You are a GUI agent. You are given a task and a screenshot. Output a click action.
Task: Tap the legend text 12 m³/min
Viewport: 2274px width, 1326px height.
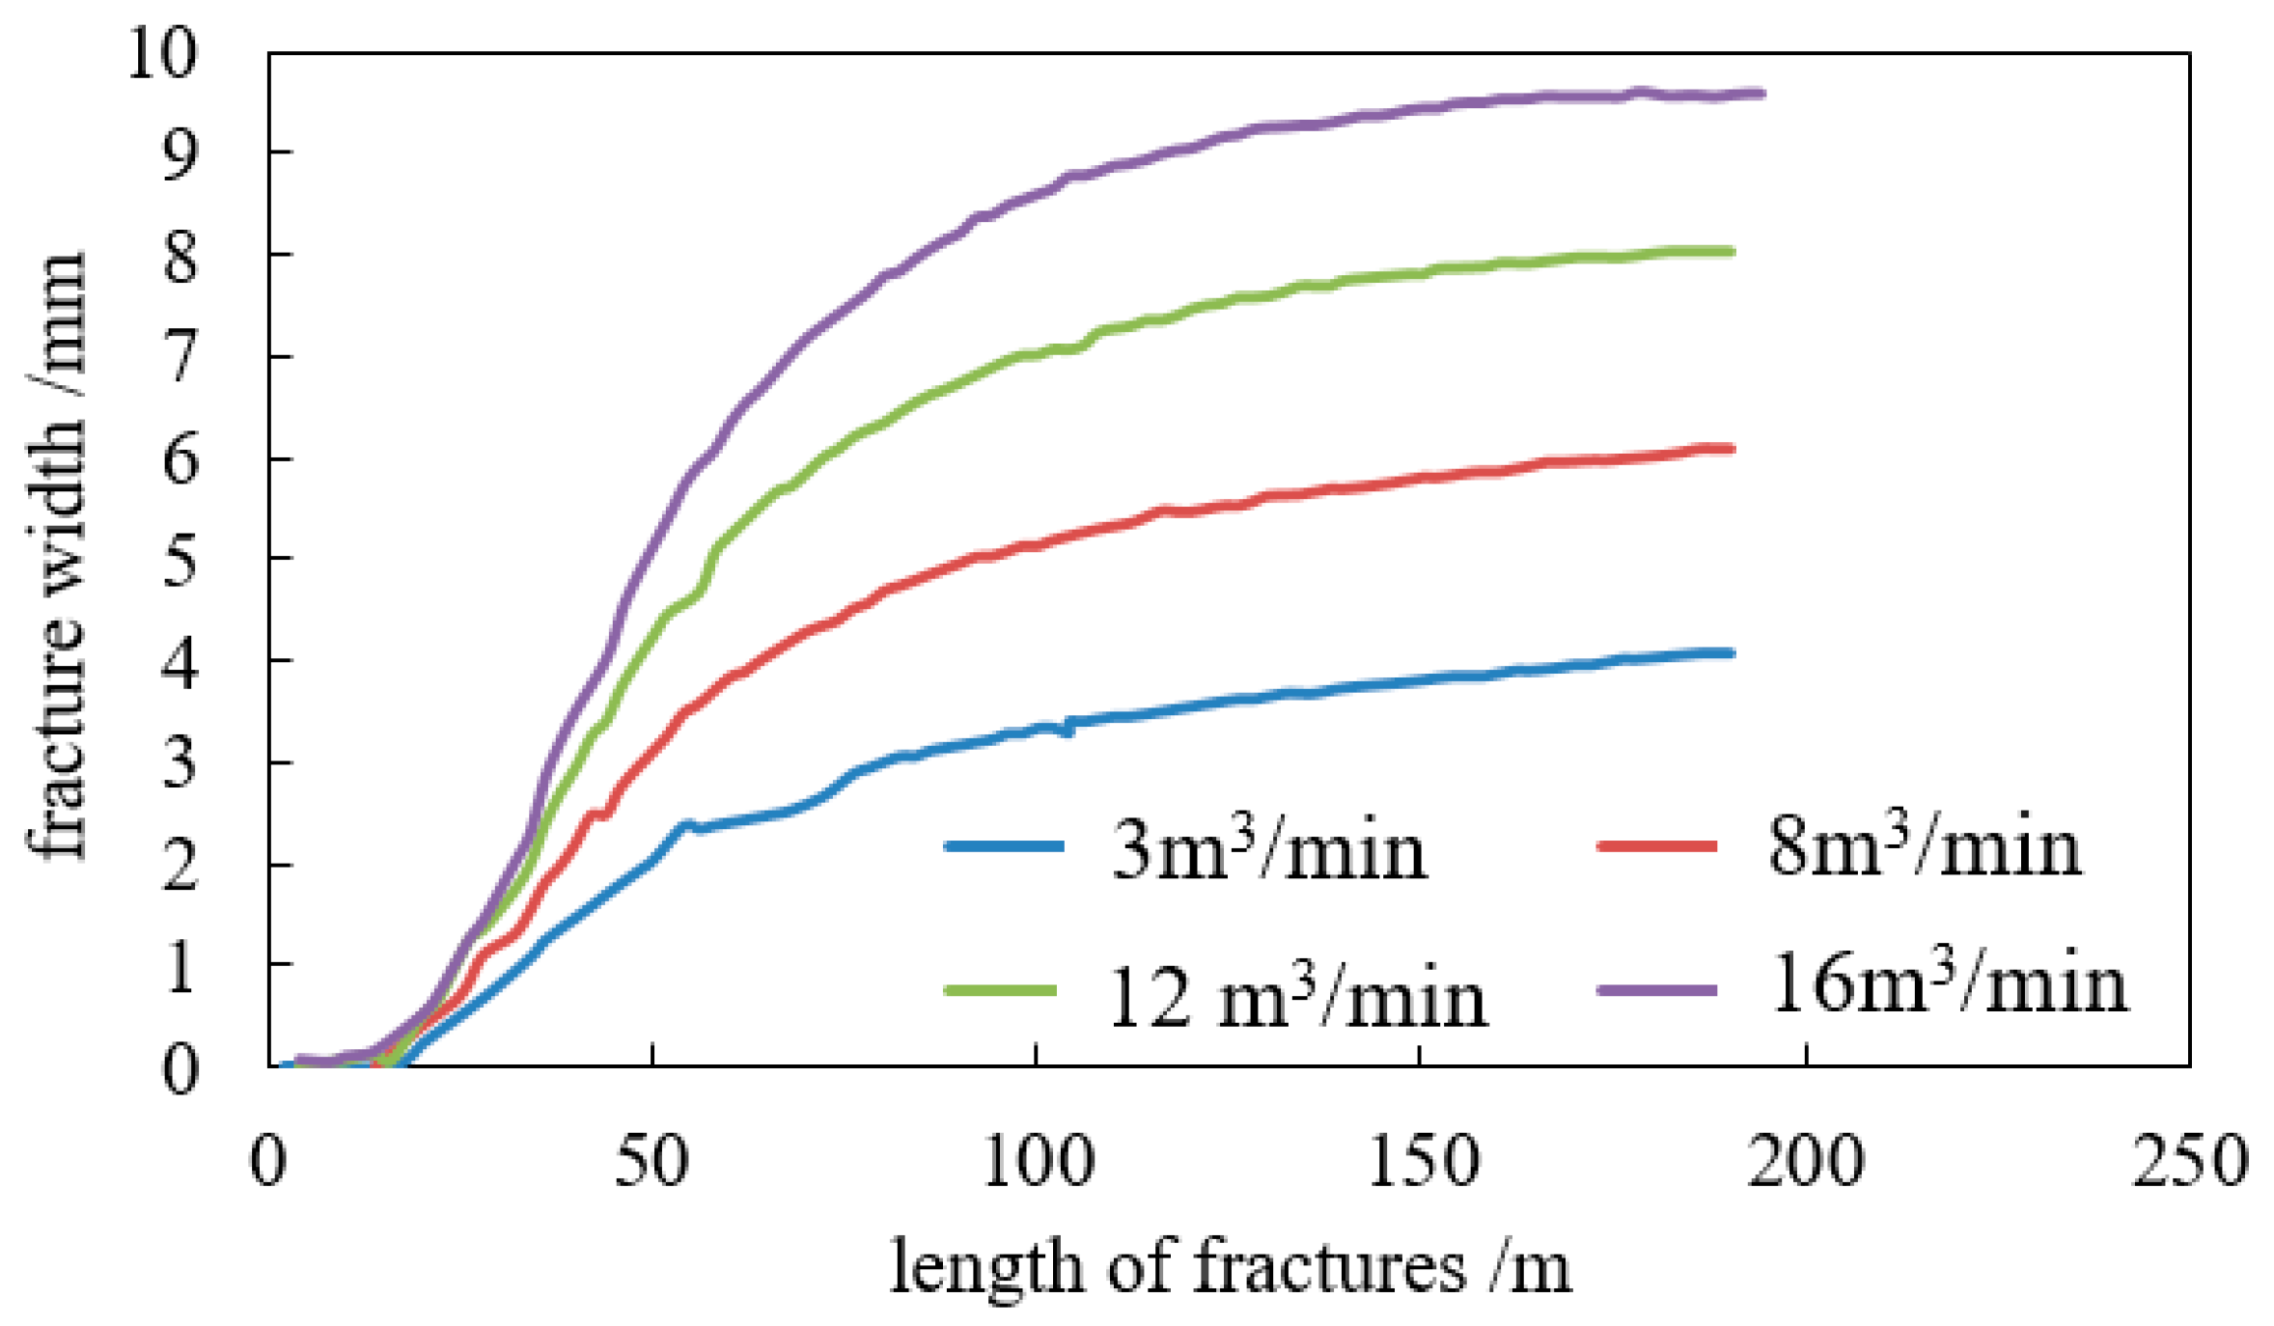[x=1296, y=999]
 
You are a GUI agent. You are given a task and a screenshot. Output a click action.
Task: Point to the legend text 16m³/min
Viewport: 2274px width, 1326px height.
[x=1948, y=984]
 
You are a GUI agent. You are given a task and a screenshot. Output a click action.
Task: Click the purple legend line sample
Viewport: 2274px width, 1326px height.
[x=1657, y=989]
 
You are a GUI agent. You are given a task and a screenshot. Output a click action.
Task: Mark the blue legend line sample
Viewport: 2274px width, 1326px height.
[x=1005, y=846]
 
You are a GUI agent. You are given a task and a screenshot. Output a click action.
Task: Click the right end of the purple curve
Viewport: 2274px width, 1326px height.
[x=1761, y=94]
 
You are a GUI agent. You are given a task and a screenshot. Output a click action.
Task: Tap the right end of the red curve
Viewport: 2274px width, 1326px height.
[x=1732, y=449]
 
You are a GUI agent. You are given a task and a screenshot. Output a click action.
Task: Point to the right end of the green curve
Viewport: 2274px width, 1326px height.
[x=1732, y=252]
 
